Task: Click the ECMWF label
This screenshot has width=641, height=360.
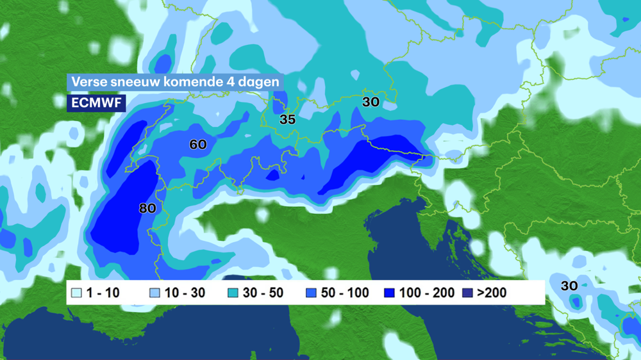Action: click(x=96, y=102)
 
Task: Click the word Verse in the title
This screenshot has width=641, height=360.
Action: click(x=87, y=83)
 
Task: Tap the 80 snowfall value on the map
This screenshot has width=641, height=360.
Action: click(x=147, y=208)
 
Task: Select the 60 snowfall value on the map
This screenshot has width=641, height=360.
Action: click(x=198, y=145)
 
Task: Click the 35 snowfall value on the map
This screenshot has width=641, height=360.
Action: click(x=287, y=120)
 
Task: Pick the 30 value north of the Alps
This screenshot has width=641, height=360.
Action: click(x=370, y=102)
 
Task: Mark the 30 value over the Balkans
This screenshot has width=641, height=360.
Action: click(x=569, y=286)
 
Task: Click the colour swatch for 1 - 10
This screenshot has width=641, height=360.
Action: click(x=76, y=293)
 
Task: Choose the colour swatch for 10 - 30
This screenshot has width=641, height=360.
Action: click(x=154, y=293)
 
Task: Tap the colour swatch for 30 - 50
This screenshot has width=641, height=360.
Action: click(x=234, y=293)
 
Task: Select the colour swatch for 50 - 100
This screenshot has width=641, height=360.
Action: click(x=312, y=293)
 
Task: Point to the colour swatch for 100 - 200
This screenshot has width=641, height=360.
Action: click(x=389, y=293)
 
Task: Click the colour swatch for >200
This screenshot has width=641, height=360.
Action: click(x=467, y=293)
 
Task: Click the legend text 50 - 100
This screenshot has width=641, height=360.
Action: click(x=345, y=293)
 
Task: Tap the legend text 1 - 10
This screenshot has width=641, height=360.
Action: click(x=103, y=293)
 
